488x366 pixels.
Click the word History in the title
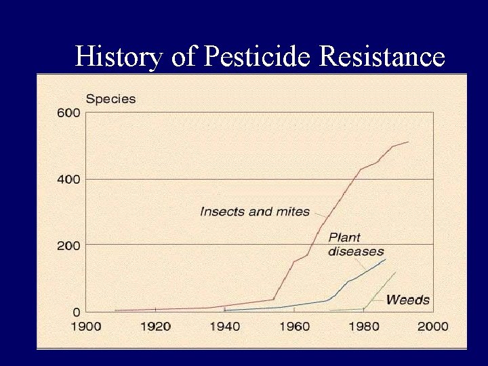pos(119,56)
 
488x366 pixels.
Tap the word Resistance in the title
pos(382,56)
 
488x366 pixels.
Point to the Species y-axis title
pos(110,99)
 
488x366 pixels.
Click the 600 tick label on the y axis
pos(72,113)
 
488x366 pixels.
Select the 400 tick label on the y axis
pos(72,179)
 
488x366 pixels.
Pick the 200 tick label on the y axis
pos(72,245)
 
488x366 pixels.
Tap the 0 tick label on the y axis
pos(77,312)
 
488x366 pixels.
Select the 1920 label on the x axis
pos(155,327)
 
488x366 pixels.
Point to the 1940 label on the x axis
pos(224,327)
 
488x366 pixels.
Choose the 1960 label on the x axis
pos(294,327)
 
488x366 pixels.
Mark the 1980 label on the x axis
pos(363,327)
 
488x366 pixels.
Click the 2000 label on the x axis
pos(432,327)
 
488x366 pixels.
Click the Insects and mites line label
pos(255,211)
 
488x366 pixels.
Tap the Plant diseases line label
pos(355,245)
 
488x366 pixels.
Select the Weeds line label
pos(408,300)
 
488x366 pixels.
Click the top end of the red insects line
pos(408,142)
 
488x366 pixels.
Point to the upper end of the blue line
pos(385,259)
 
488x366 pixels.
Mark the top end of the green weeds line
pos(395,272)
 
